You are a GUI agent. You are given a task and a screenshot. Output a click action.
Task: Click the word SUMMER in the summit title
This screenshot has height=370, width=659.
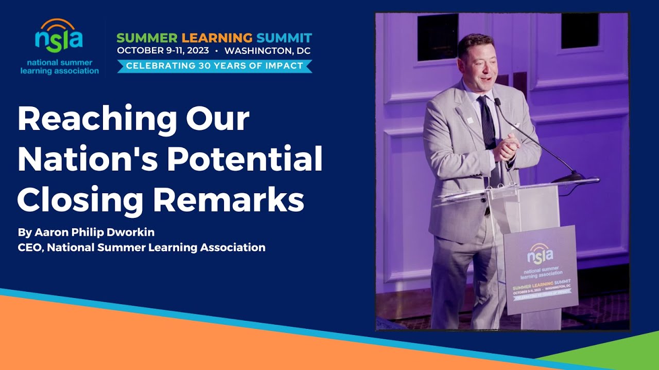(x=146, y=38)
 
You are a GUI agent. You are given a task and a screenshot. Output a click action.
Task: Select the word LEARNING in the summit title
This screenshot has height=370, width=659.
(x=217, y=38)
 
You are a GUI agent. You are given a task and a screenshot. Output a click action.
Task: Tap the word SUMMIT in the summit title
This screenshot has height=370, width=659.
(x=284, y=38)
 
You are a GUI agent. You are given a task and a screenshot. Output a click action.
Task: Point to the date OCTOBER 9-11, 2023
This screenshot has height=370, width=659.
(x=163, y=51)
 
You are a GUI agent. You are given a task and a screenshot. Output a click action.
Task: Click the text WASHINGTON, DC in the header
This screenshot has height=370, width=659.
(x=267, y=51)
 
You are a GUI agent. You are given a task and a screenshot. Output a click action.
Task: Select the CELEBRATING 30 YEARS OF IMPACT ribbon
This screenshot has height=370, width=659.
(x=214, y=66)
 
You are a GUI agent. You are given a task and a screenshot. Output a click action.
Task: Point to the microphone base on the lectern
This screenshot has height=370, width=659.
(x=569, y=177)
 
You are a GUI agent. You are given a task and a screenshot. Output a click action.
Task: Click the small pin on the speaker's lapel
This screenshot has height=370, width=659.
(x=470, y=120)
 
